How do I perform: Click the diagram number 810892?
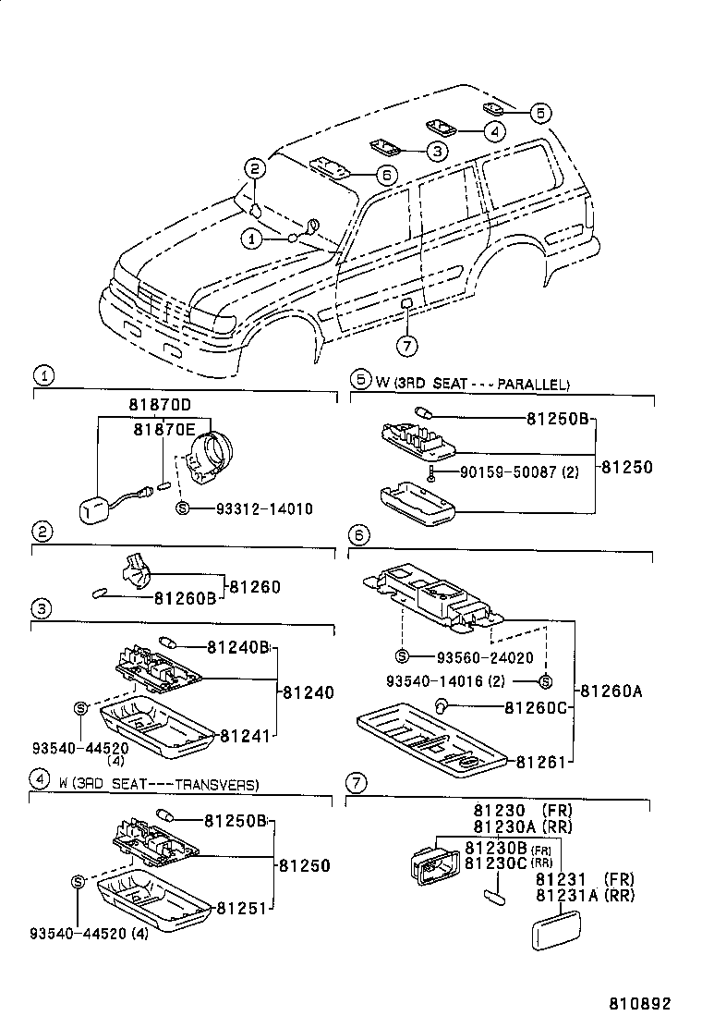639,1003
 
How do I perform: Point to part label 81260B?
185,598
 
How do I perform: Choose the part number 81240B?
237,647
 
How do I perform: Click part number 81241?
245,737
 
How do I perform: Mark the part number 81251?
244,910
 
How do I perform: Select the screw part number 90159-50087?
507,472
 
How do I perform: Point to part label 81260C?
536,708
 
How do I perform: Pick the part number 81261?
540,763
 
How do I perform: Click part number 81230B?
495,848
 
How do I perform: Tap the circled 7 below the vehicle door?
407,346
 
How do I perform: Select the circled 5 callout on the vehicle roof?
541,112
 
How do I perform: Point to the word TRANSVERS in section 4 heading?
217,784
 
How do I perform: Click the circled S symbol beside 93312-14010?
182,508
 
